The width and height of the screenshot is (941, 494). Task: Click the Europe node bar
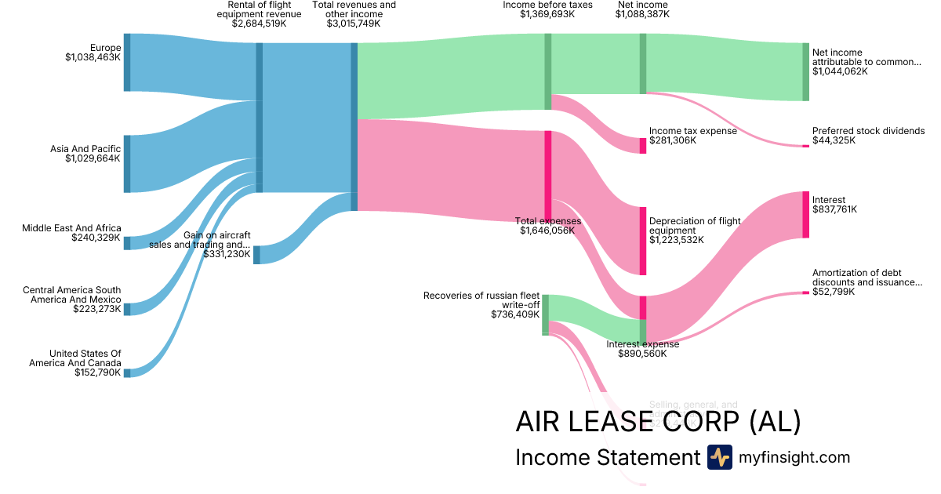point(127,63)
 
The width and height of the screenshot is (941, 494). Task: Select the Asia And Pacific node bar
point(127,163)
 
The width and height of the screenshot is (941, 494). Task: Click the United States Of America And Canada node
point(127,373)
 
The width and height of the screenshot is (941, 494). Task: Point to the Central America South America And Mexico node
point(127,309)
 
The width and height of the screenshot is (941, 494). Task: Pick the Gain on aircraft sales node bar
point(256,254)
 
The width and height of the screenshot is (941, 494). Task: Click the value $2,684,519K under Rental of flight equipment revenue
point(259,24)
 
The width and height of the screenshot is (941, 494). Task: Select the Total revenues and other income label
point(354,9)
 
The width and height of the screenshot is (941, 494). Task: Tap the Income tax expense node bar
point(643,145)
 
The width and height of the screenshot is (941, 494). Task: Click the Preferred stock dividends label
point(868,131)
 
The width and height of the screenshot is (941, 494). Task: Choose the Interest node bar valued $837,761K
point(805,214)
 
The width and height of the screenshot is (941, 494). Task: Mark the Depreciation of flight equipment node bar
point(643,241)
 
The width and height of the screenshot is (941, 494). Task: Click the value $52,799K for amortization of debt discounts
point(834,292)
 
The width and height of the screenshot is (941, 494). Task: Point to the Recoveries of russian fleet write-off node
point(545,314)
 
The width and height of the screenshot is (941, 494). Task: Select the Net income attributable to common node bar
point(805,71)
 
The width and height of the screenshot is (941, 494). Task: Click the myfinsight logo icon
point(719,457)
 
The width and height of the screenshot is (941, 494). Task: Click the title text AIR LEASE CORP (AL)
point(658,422)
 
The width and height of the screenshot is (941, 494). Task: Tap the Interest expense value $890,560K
point(642,354)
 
